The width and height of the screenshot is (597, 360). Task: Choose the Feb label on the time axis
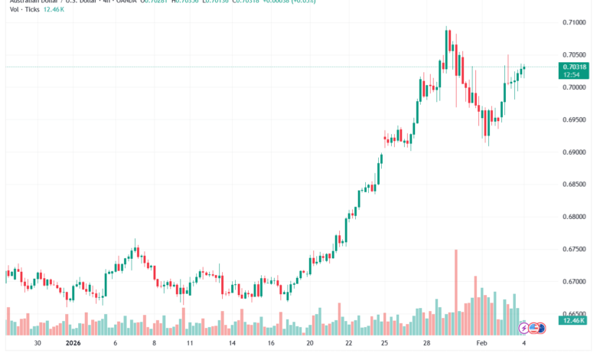coord(482,344)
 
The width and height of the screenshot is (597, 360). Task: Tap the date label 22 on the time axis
coord(348,344)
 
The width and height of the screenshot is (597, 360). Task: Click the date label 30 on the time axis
coord(38,344)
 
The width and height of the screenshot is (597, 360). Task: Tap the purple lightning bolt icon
coord(524,328)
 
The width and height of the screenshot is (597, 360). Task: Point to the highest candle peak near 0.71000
coord(446,28)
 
